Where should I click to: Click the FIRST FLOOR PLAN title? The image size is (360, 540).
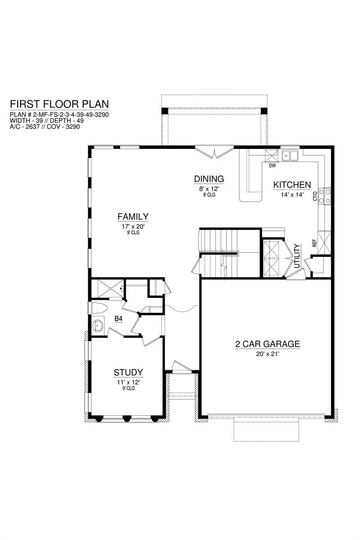(59, 104)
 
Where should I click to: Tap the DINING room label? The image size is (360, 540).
(209, 179)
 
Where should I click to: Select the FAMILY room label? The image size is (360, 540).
(133, 217)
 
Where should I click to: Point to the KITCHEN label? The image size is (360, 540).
(292, 185)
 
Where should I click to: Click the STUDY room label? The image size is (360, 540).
(128, 373)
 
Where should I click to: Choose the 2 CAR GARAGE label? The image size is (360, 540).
(268, 344)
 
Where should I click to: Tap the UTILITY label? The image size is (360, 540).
(297, 256)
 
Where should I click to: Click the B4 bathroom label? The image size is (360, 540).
(118, 319)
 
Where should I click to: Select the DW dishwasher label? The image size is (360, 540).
(272, 166)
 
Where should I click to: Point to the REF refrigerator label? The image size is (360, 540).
(315, 243)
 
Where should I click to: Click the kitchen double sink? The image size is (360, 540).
(290, 156)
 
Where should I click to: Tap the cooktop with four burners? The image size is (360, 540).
(324, 196)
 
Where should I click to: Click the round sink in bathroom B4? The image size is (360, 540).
(98, 326)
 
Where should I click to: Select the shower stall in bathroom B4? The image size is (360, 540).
(107, 288)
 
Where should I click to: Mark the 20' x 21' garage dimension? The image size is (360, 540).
(268, 354)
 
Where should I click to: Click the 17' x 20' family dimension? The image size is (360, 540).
(133, 227)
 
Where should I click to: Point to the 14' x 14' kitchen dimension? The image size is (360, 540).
(292, 195)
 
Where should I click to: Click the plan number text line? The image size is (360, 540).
(59, 114)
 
